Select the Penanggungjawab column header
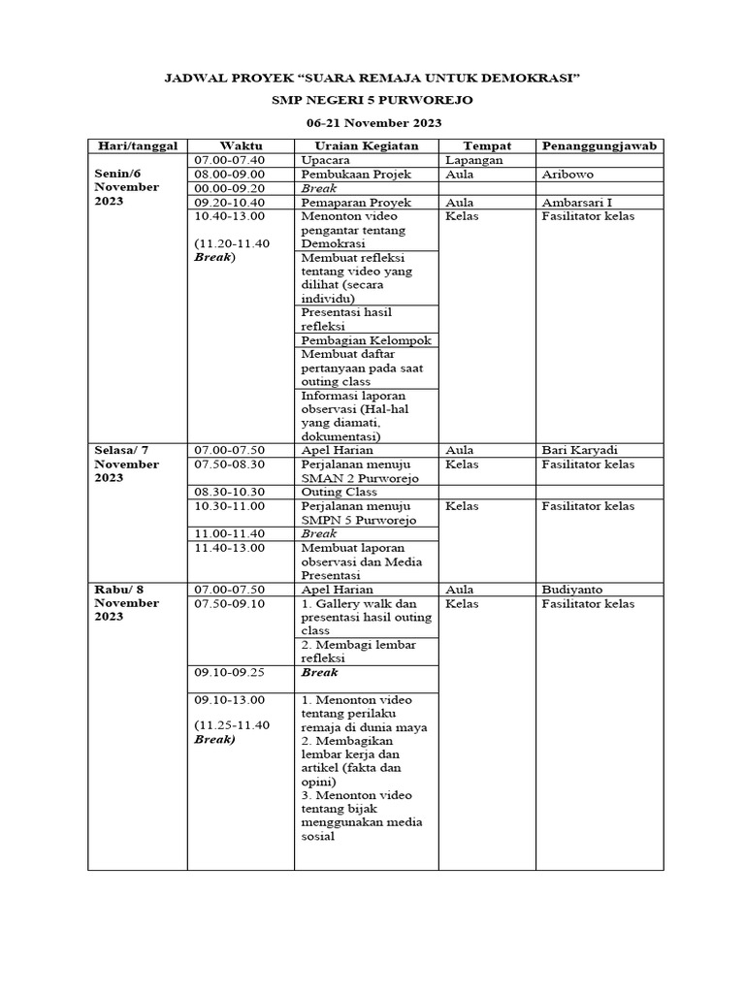(599, 146)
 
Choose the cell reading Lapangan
(474, 160)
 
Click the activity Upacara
(325, 160)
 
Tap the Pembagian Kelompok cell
(366, 340)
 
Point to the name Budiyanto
(575, 589)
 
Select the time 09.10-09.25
(229, 671)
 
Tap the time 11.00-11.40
(229, 533)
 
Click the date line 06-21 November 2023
(373, 123)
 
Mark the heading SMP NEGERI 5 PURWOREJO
(373, 100)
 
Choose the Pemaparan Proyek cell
(356, 202)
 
